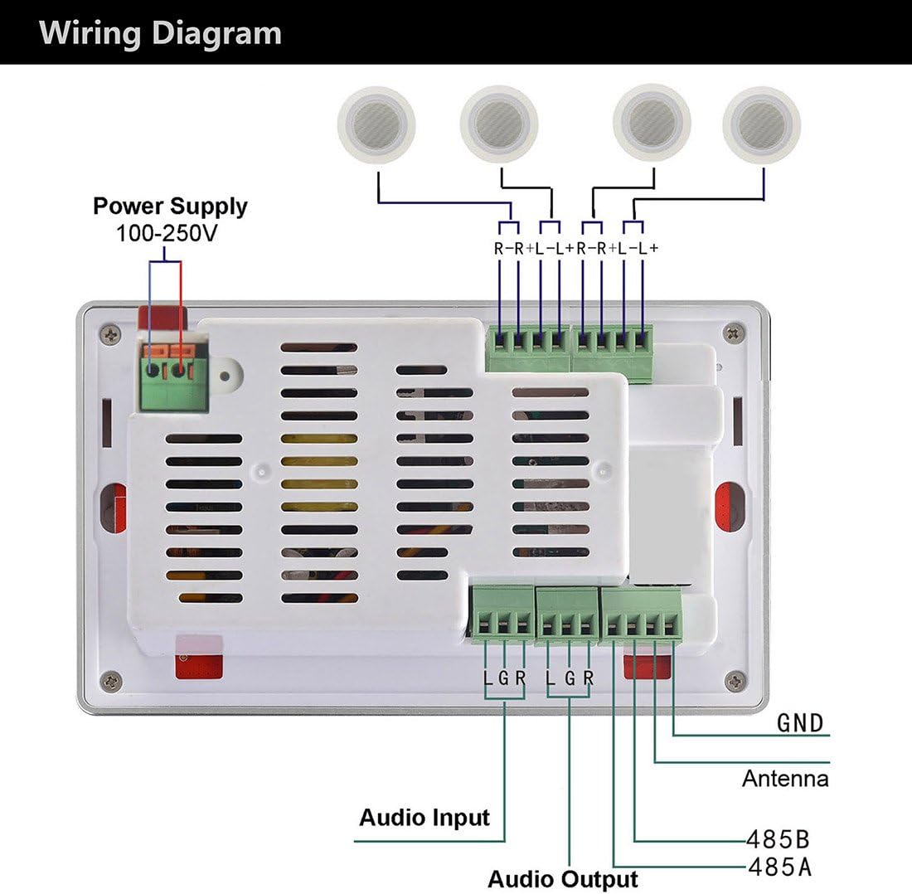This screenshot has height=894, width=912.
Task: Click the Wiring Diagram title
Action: click(x=160, y=33)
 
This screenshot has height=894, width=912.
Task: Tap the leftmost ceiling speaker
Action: click(x=376, y=124)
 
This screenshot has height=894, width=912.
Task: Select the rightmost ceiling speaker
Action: click(x=761, y=124)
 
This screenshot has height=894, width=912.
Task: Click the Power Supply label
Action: click(x=170, y=206)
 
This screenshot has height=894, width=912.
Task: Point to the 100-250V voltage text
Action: click(x=167, y=233)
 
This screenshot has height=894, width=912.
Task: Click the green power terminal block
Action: click(x=172, y=377)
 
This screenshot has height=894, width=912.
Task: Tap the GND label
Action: click(x=800, y=723)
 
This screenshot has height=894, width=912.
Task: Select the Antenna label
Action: click(x=784, y=779)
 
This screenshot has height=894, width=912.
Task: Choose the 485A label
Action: click(x=779, y=867)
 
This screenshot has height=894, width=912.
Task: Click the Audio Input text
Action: click(x=424, y=818)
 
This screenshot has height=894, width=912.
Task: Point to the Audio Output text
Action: click(x=563, y=879)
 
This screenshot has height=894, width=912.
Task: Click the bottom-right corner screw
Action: click(x=735, y=681)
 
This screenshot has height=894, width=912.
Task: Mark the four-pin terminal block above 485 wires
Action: click(x=640, y=615)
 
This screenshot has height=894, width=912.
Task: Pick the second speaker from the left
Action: click(x=499, y=124)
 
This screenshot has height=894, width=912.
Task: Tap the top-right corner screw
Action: click(x=733, y=333)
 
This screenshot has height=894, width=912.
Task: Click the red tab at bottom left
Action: click(x=199, y=663)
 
